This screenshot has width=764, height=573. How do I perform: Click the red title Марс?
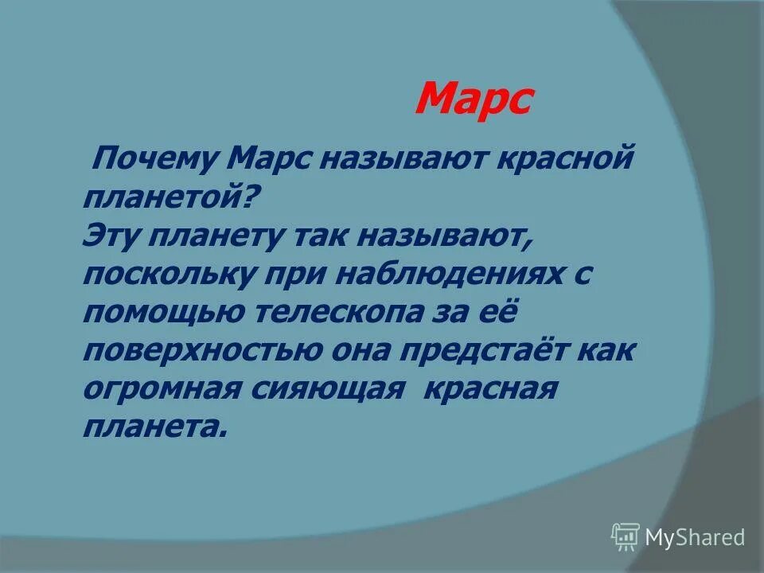473,99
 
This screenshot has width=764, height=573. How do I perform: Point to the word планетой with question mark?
172,197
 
